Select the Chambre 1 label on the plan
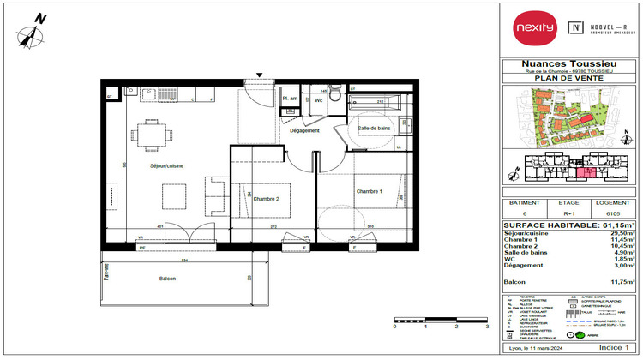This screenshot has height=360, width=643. pos(369,191)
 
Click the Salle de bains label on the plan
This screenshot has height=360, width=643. pos(376,128)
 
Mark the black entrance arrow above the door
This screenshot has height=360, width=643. pos(261,75)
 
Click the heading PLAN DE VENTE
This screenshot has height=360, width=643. pos(568,79)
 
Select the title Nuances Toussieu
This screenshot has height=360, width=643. pos(568,63)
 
